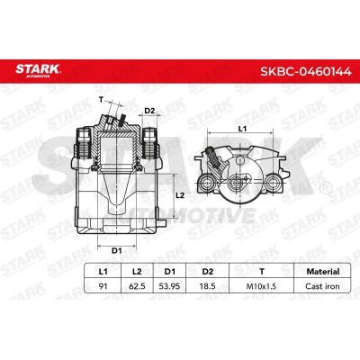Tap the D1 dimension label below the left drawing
(x=116, y=248)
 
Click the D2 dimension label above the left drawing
(x=150, y=111)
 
